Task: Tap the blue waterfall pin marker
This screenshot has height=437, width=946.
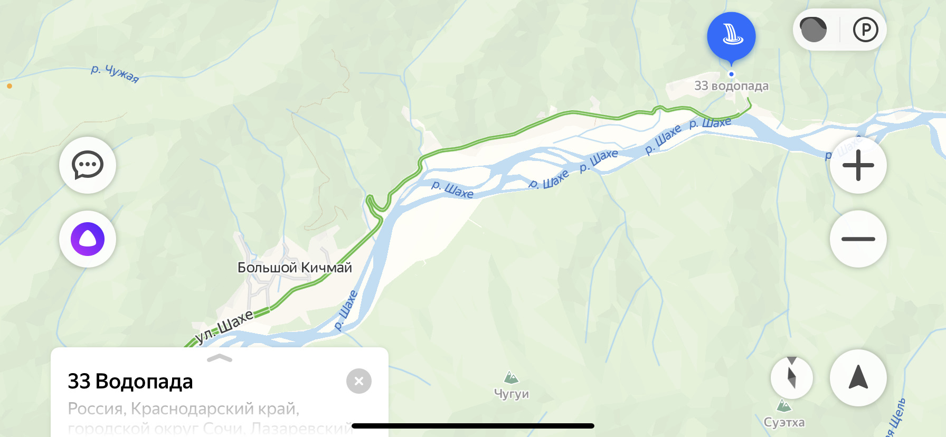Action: (x=731, y=36)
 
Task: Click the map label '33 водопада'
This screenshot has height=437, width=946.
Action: (x=731, y=86)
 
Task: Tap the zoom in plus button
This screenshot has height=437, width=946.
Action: (x=858, y=165)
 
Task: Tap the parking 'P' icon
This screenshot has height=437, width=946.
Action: (x=865, y=30)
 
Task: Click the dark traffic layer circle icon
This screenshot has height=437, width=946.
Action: (x=813, y=30)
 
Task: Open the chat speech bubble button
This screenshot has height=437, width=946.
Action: (x=88, y=165)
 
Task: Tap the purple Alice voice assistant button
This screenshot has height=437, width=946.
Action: (x=88, y=239)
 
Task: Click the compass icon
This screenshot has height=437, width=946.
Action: (x=791, y=377)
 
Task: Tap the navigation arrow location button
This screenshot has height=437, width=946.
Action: (x=858, y=377)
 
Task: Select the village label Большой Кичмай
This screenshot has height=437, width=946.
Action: (x=295, y=268)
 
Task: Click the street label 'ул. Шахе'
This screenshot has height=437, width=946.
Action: (x=224, y=327)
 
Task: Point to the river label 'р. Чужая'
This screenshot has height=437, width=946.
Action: (x=115, y=73)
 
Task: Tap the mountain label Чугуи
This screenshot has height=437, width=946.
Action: (x=511, y=394)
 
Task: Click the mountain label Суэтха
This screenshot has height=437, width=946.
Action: (x=784, y=422)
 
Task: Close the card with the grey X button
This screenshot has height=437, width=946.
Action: (x=359, y=381)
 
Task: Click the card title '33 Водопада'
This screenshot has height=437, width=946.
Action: (x=130, y=381)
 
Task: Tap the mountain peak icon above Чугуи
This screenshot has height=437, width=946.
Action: (x=511, y=377)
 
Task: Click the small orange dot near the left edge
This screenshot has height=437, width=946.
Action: (x=10, y=86)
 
